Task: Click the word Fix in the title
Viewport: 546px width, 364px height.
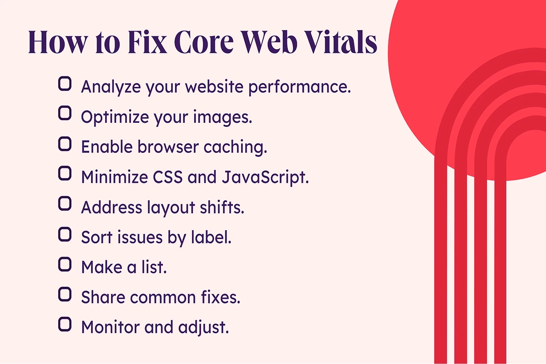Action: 147,42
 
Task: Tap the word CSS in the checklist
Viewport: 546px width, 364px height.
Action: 168,177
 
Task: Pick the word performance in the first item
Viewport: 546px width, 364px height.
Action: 299,87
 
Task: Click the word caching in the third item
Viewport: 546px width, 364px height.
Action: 236,147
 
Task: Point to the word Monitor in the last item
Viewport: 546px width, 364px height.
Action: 111,327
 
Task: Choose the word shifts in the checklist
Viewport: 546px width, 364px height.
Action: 222,207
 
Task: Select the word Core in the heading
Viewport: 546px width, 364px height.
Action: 204,42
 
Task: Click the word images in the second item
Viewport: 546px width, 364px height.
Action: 223,117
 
